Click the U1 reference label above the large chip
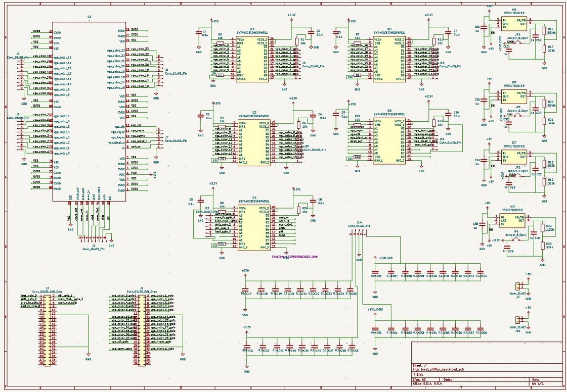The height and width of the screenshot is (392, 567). click(x=89, y=17)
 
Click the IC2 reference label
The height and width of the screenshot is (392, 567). click(x=253, y=112)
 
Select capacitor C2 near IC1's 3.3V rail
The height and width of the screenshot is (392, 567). click(x=312, y=33)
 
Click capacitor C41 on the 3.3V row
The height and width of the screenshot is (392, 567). click(x=246, y=349)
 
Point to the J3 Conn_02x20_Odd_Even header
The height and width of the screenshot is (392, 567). click(x=47, y=328)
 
